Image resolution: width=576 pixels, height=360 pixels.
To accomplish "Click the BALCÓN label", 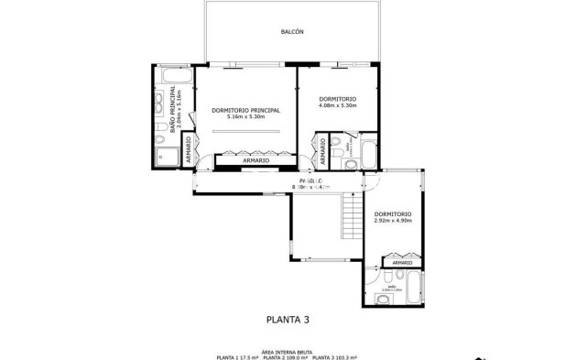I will (291, 32).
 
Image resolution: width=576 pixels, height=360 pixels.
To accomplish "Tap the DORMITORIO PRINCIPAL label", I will (245, 110).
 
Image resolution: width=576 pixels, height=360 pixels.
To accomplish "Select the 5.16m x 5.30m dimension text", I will (245, 117).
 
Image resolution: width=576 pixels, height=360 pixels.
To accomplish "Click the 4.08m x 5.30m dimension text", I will (337, 106).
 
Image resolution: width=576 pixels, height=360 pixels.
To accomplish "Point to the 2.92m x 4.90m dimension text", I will (394, 221).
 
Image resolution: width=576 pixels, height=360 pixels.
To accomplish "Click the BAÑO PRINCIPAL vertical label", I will (174, 111).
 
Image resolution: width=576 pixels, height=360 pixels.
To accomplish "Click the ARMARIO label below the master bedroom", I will (255, 161).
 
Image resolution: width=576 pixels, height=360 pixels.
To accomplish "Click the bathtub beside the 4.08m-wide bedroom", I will (367, 153).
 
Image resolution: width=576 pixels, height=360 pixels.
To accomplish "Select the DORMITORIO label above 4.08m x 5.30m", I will (337, 99).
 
